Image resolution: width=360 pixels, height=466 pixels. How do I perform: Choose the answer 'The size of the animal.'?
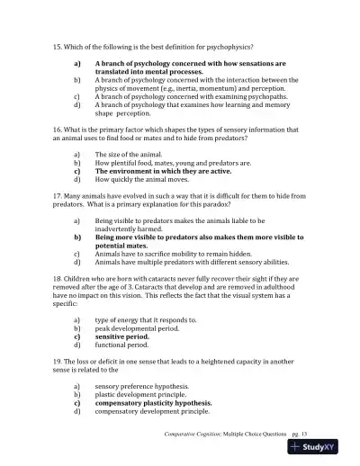pyautogui.click(x=132, y=155)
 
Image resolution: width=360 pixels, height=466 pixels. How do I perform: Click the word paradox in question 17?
pyautogui.click(x=261, y=204)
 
